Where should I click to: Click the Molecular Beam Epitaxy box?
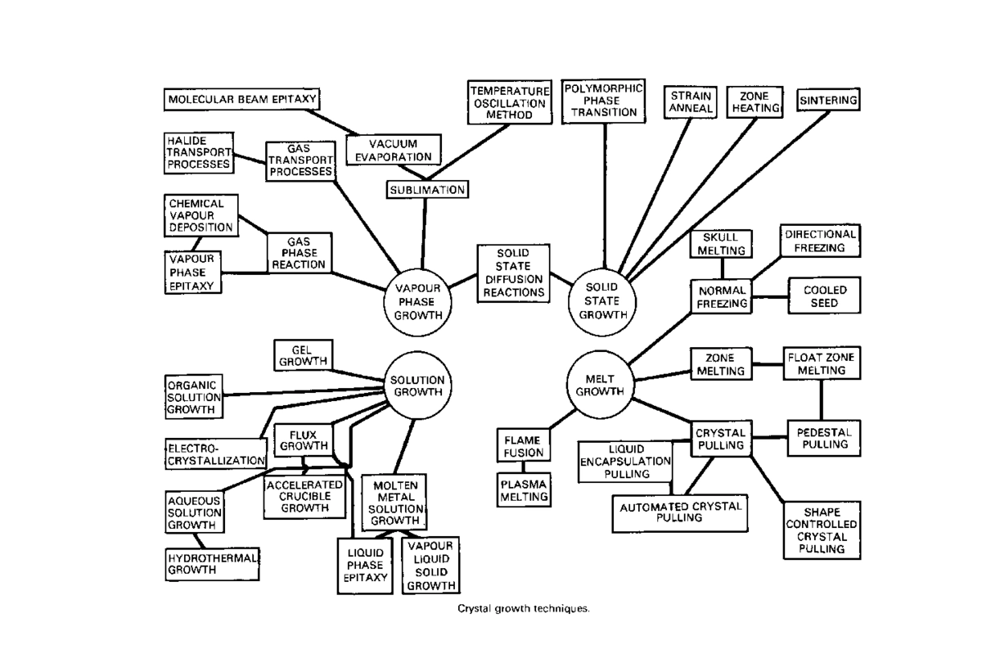(241, 100)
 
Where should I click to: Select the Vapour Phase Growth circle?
(417, 302)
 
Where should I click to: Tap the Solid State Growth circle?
(602, 302)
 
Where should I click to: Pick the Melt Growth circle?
(600, 385)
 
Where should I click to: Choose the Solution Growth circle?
(417, 386)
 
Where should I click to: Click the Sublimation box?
(427, 189)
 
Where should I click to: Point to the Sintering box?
(828, 100)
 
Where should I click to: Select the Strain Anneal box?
(691, 102)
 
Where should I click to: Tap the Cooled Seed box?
(824, 295)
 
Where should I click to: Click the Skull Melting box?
(721, 244)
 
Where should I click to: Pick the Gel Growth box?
(304, 355)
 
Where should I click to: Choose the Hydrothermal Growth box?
(212, 564)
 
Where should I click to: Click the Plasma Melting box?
(524, 489)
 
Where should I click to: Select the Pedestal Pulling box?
(824, 439)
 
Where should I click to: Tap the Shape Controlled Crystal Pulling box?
(822, 530)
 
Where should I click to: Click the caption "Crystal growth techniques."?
(524, 609)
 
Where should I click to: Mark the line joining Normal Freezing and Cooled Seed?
(770, 297)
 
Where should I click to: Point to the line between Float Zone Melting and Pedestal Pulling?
(821, 400)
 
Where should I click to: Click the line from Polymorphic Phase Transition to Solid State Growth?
(605, 196)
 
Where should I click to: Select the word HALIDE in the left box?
(187, 141)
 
